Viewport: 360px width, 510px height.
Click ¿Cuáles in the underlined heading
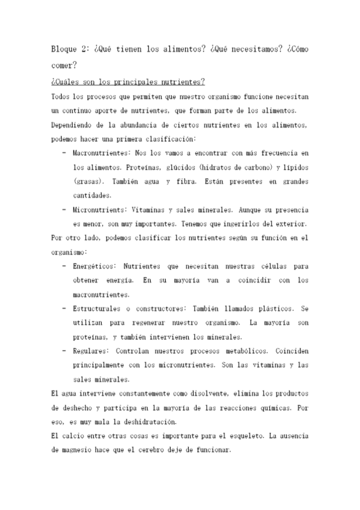64,81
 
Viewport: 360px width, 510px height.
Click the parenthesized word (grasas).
91,181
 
